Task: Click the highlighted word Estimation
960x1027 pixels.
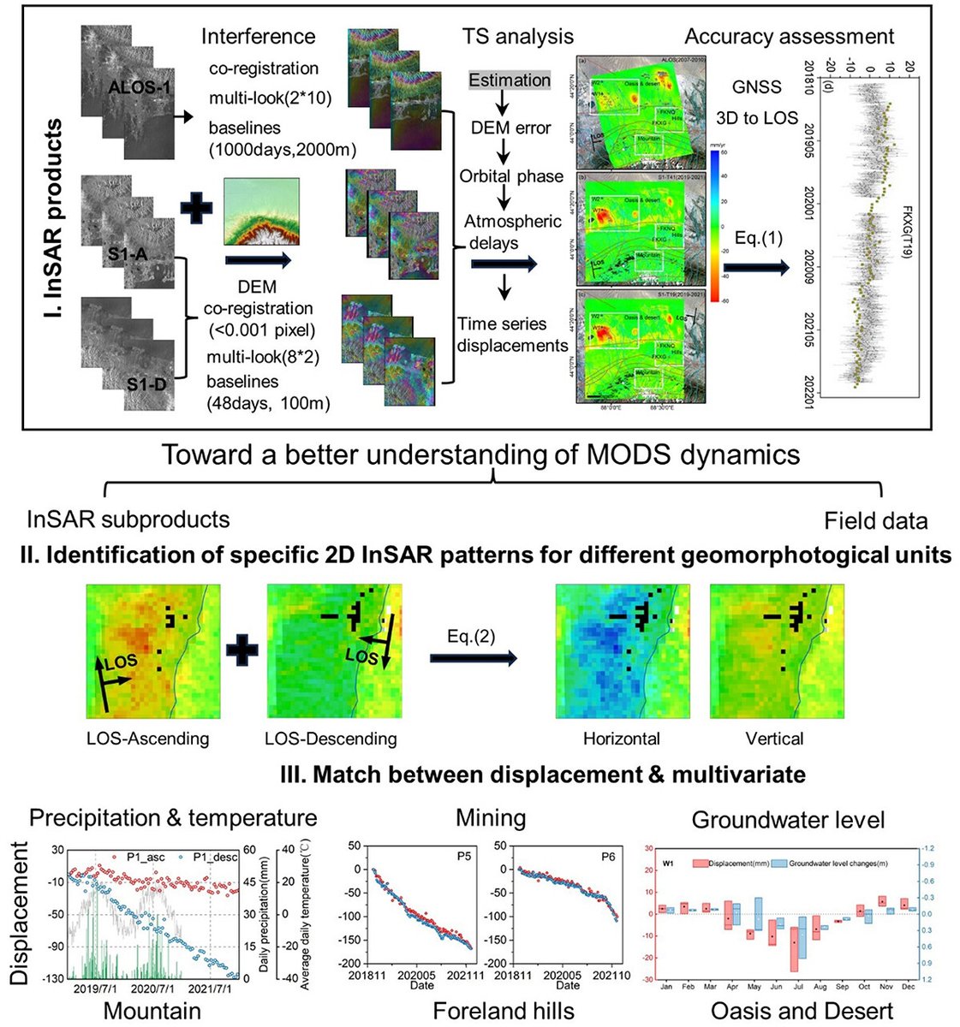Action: click(510, 80)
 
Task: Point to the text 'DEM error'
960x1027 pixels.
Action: click(511, 128)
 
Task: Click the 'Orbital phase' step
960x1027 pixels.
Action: click(511, 176)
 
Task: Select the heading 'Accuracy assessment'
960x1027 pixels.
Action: click(789, 36)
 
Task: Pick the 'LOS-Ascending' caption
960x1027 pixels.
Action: click(147, 738)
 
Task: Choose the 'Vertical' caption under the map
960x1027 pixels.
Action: click(774, 738)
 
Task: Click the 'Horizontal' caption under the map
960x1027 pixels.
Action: click(621, 738)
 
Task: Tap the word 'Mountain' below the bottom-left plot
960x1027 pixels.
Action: click(152, 1011)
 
